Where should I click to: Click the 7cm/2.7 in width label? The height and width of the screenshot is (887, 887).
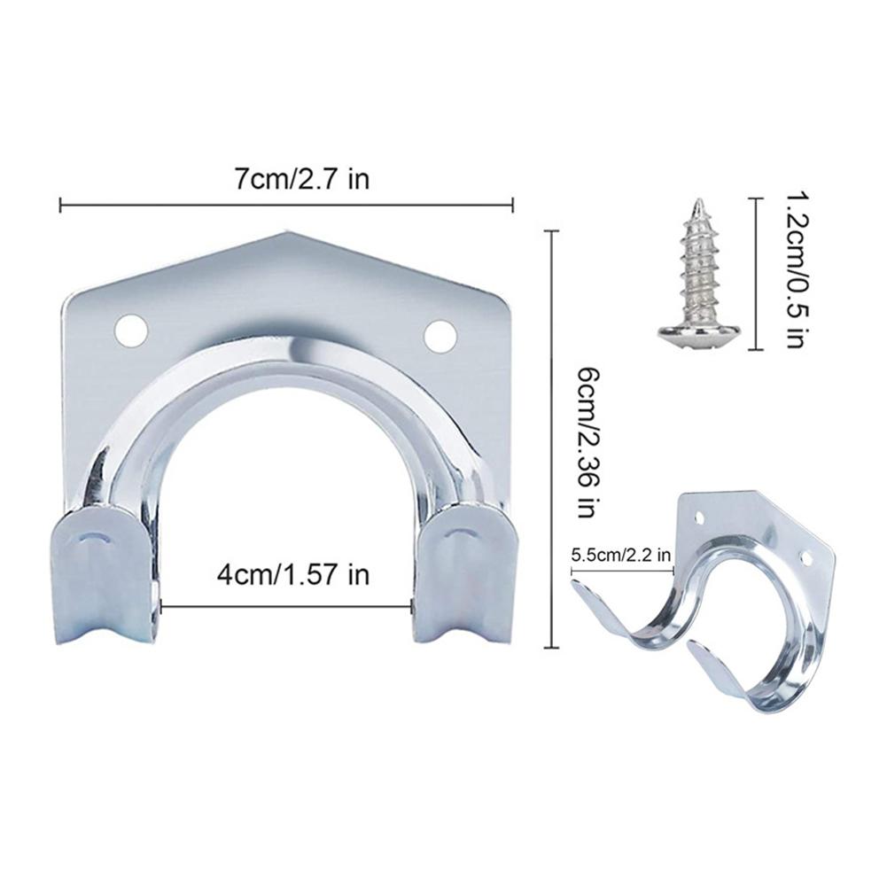point(301,179)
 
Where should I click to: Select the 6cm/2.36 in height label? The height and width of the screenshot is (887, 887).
point(587,442)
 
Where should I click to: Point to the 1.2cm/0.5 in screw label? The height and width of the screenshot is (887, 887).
point(796,273)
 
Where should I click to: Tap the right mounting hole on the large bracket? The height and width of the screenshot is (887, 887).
point(440,334)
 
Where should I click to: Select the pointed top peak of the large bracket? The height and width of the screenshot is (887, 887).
point(286,232)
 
